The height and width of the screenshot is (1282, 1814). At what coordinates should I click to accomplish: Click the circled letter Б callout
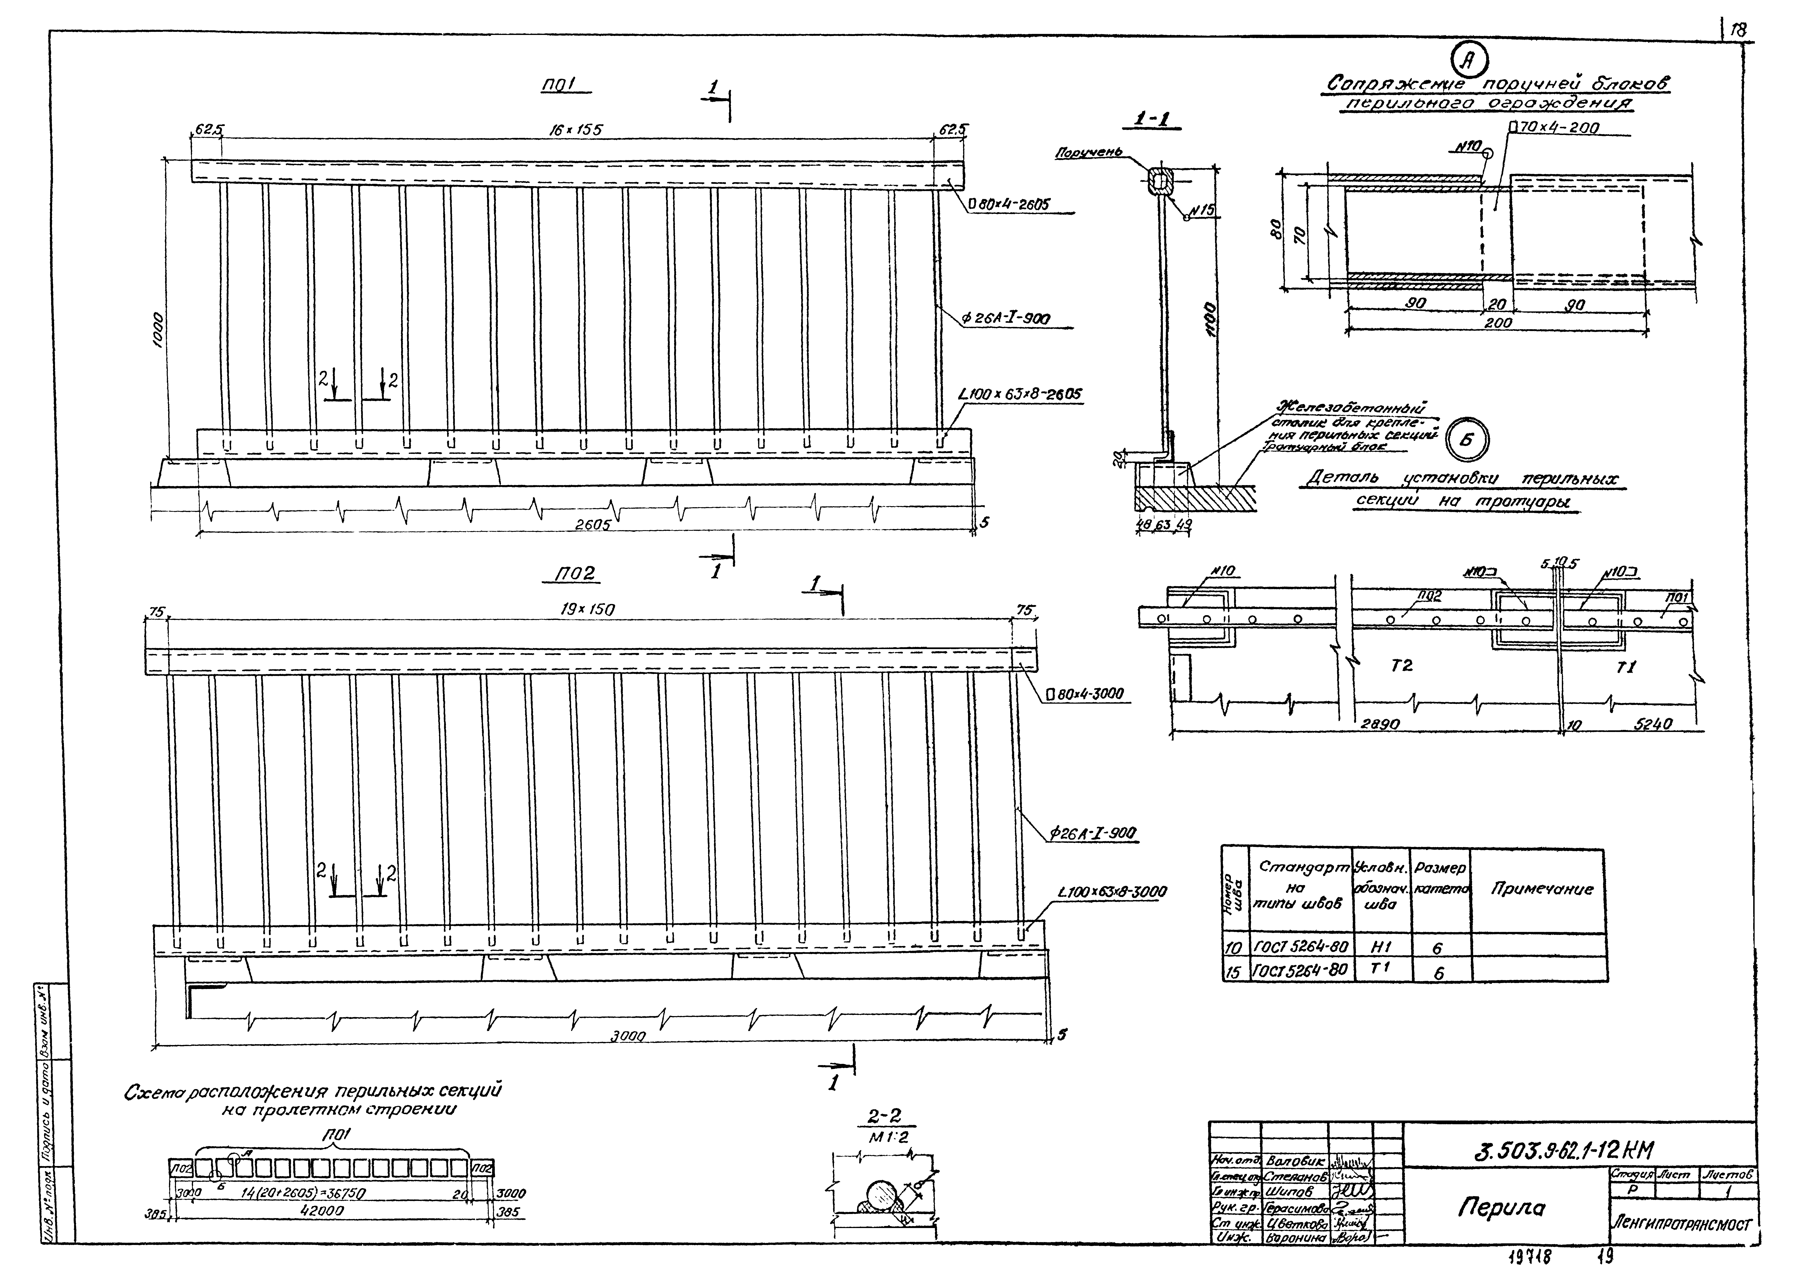tap(1466, 441)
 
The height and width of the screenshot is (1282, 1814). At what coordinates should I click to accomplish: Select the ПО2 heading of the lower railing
tap(574, 574)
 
